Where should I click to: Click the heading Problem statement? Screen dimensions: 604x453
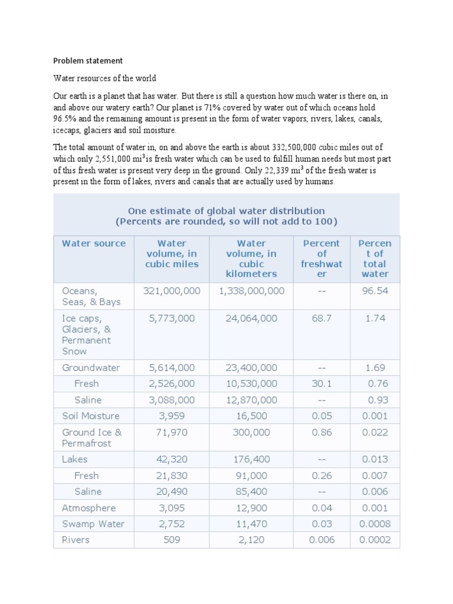(88, 60)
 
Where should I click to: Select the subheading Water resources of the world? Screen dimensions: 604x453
(104, 78)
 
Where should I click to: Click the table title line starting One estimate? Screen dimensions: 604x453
(226, 211)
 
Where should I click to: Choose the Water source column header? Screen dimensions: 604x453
(94, 243)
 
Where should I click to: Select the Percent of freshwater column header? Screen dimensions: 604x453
(321, 259)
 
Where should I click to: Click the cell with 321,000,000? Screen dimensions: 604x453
(172, 291)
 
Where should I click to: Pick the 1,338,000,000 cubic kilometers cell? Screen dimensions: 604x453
(251, 291)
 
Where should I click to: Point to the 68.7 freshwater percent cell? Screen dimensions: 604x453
(321, 318)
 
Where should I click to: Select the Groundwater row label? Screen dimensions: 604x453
(91, 367)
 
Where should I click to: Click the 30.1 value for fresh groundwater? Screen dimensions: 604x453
(321, 383)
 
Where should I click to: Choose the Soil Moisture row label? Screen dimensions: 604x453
(91, 416)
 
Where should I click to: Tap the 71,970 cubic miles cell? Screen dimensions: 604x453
(172, 432)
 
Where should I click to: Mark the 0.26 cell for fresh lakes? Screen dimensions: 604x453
(321, 475)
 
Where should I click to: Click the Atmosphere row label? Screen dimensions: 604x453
(89, 508)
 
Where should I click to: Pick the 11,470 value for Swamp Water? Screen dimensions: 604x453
(251, 524)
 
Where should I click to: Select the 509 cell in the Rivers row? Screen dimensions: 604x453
(172, 540)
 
